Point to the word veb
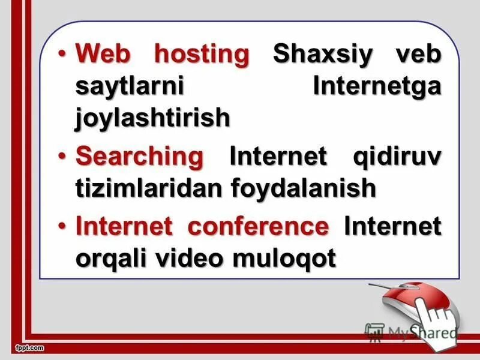pyautogui.click(x=416, y=54)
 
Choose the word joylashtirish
pyautogui.click(x=152, y=118)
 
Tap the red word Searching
pyautogui.click(x=140, y=157)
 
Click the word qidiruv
pyautogui.click(x=395, y=157)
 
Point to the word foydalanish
pyautogui.click(x=304, y=188)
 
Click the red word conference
pyautogui.click(x=258, y=227)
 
